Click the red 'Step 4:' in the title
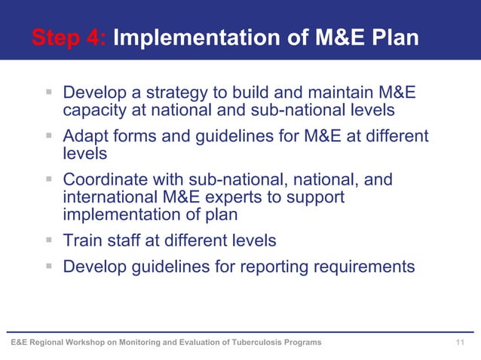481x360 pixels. tap(69, 38)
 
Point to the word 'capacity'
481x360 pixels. tap(94, 111)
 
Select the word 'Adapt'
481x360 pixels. tap(85, 136)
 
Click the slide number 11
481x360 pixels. tap(461, 343)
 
